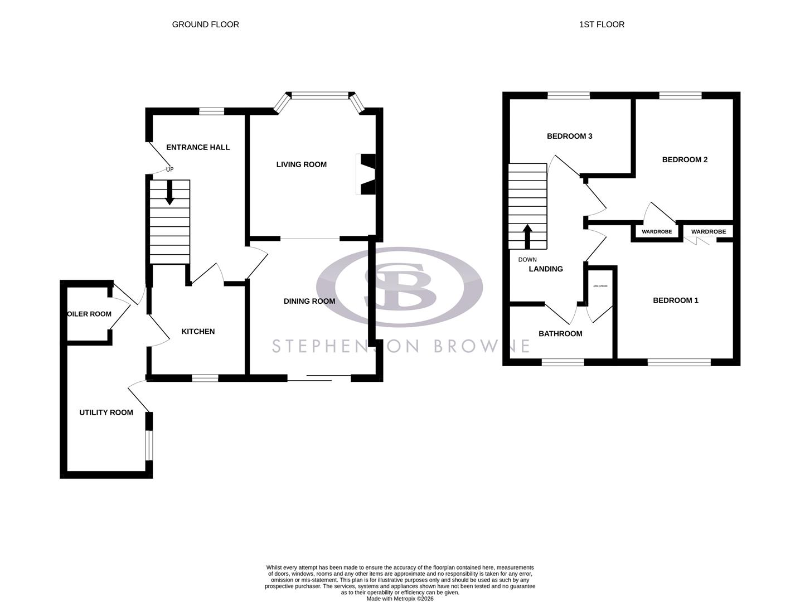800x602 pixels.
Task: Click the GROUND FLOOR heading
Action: point(205,25)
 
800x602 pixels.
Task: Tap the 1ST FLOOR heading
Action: point(602,25)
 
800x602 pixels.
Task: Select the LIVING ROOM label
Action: point(302,164)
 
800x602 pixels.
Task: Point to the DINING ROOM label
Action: point(309,301)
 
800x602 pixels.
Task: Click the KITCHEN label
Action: point(198,331)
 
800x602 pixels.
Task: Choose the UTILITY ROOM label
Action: point(106,412)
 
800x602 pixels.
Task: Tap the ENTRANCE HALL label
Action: point(198,147)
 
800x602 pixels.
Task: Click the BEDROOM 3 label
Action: point(569,136)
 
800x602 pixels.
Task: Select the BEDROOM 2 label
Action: point(685,159)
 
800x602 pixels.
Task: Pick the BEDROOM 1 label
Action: point(675,300)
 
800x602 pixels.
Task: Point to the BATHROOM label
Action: point(560,334)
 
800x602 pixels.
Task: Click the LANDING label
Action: point(546,269)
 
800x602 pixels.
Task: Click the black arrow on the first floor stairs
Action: point(527,236)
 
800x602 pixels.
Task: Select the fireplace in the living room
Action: point(366,174)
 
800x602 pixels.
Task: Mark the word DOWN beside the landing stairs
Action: point(527,260)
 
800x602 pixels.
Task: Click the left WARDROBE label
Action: point(657,232)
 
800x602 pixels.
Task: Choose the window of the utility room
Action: point(149,445)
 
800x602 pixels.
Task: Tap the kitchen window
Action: point(205,378)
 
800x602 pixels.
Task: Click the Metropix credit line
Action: point(400,599)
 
